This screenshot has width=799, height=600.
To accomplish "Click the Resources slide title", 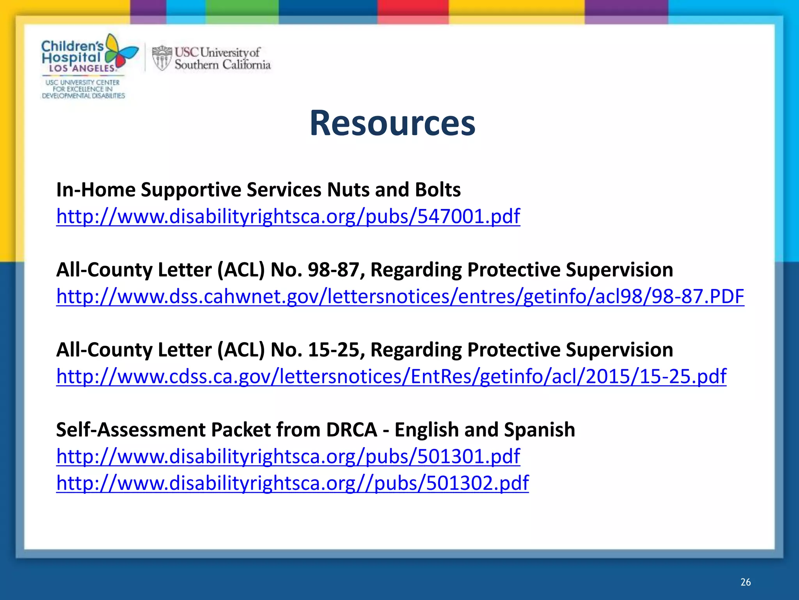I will coord(392,123).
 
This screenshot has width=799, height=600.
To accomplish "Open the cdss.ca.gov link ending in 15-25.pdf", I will coord(391,376).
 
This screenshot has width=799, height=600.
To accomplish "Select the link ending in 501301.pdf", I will coord(288,456).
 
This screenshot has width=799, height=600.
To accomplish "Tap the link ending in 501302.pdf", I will coord(292,483).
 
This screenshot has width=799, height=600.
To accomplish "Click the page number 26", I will coord(745,582).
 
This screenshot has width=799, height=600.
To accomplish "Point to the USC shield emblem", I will coord(162,58).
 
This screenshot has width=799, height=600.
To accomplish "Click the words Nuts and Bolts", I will coord(394,190).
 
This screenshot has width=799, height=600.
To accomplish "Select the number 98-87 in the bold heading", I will coord(333,270).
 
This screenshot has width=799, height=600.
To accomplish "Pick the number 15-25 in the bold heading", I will coord(333,350).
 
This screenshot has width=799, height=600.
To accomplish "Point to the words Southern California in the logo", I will coord(222,65).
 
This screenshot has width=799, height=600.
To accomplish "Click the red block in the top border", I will coord(412,8).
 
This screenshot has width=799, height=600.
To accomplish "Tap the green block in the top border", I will coord(242,8).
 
